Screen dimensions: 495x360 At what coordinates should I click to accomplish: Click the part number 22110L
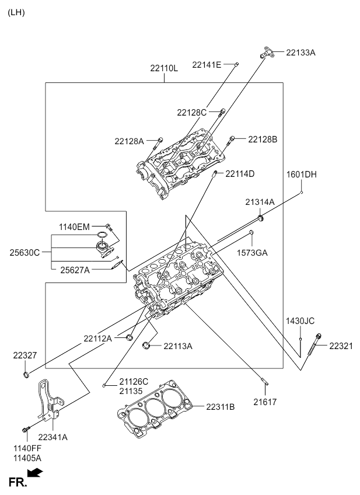(x=163, y=68)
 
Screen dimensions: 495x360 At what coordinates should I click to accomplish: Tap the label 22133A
(x=300, y=53)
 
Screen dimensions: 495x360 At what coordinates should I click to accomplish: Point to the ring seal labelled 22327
(x=26, y=372)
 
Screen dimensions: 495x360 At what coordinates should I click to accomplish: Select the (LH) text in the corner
(x=16, y=12)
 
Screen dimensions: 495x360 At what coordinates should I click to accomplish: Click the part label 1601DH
(x=301, y=174)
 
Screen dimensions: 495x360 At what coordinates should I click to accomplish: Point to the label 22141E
(x=207, y=65)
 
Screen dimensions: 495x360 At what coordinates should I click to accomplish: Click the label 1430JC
(x=300, y=321)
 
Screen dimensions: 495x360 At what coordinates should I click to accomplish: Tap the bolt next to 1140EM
(x=109, y=226)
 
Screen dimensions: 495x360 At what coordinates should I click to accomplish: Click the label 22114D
(x=240, y=173)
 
